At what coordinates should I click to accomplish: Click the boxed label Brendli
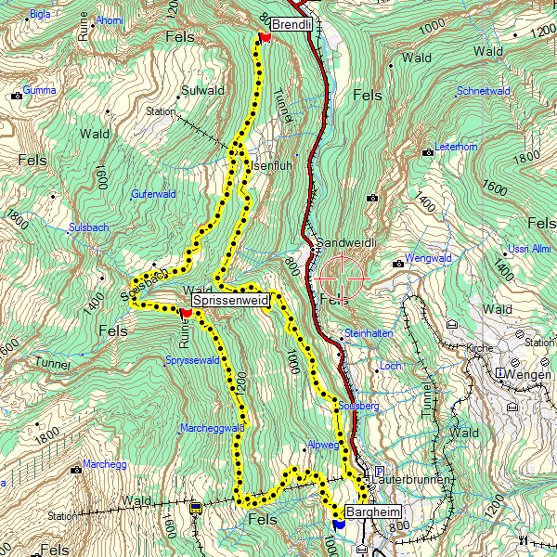[291, 24]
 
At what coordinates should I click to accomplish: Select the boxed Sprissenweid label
[230, 301]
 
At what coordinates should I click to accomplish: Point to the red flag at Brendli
[264, 37]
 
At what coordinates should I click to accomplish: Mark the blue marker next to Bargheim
[339, 525]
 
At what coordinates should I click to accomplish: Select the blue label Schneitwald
[484, 91]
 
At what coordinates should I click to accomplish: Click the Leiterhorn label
[456, 147]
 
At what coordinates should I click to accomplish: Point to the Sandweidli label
[345, 242]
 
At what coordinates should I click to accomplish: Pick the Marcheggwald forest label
[212, 428]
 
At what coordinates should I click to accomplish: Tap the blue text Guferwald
[153, 194]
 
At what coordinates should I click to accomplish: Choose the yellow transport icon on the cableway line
[196, 508]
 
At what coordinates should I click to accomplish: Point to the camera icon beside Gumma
[16, 95]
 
